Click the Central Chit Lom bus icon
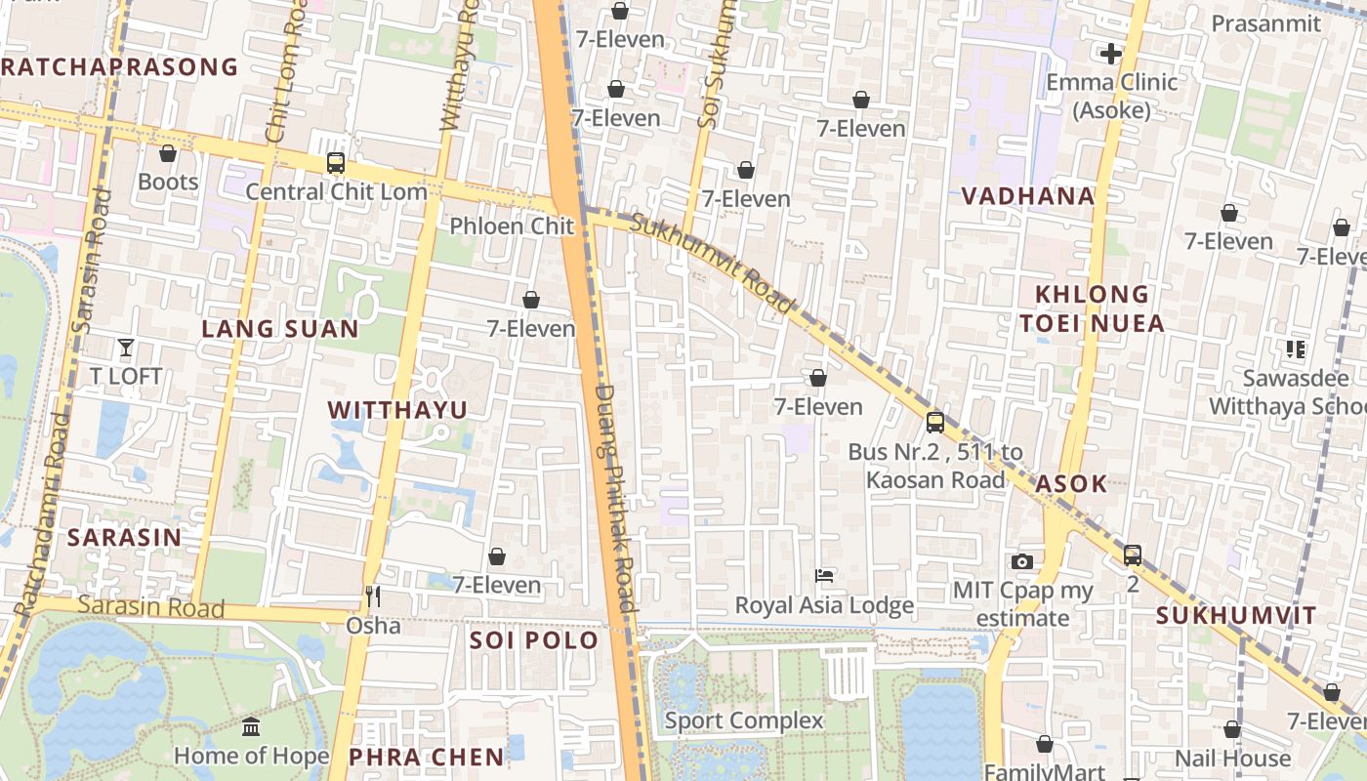click(336, 163)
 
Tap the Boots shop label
click(168, 182)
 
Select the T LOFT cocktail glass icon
click(125, 347)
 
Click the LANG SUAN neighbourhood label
click(280, 329)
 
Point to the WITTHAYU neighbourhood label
click(397, 410)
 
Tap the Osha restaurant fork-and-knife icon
click(372, 596)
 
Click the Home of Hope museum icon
click(251, 726)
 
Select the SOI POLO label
click(533, 640)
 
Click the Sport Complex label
click(744, 720)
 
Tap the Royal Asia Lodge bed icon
click(824, 576)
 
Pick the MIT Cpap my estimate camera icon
click(1022, 561)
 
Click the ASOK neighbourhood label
click(1071, 484)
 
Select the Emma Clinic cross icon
click(1110, 54)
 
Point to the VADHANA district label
click(1027, 196)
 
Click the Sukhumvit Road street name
click(713, 264)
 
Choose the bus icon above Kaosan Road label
click(935, 423)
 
